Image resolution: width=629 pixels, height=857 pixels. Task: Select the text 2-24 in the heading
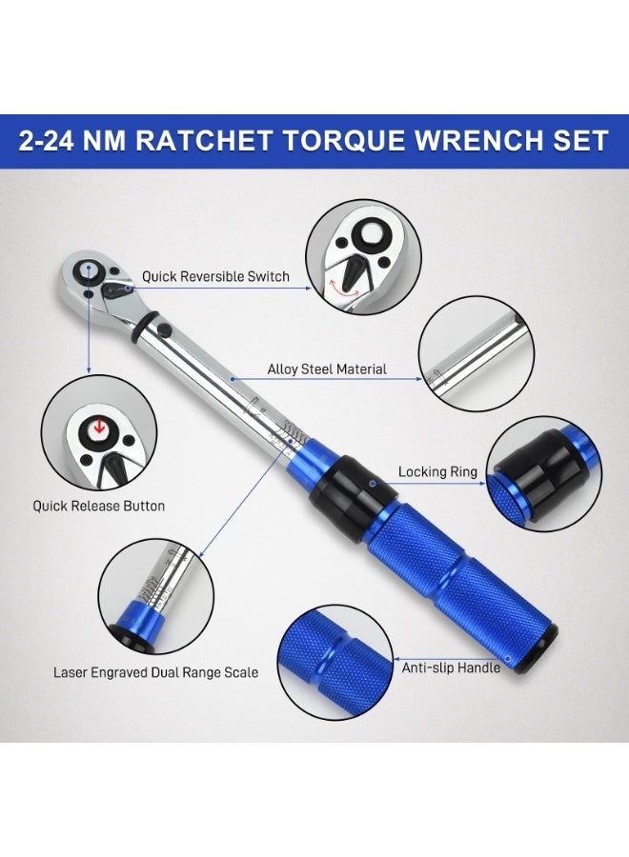tap(46, 141)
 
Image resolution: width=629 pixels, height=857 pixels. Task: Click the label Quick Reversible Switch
tap(215, 276)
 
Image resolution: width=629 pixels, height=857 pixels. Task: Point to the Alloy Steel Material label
tap(327, 369)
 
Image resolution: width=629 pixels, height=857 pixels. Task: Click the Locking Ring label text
tap(437, 471)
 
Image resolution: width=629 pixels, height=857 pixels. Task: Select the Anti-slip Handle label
tap(451, 668)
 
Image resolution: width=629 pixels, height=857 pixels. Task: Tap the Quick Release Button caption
tap(99, 507)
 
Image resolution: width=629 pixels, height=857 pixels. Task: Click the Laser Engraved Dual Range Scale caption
tap(156, 672)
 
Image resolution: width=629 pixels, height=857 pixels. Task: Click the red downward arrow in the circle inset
tap(99, 427)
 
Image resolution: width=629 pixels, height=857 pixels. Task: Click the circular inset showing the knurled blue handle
tap(335, 662)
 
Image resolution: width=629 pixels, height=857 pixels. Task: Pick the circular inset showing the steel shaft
tap(477, 353)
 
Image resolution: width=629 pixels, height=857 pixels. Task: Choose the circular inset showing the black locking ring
tap(543, 474)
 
